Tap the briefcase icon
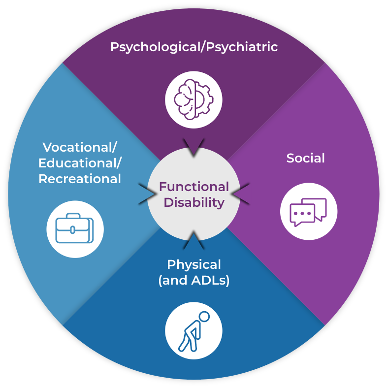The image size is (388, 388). [75, 228]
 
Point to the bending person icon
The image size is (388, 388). [194, 330]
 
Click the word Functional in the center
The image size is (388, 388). [194, 187]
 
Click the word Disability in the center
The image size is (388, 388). [194, 202]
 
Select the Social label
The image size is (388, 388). [306, 158]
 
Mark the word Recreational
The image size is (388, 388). [80, 179]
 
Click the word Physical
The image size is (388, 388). [194, 264]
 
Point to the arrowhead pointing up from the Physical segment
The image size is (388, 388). [194, 241]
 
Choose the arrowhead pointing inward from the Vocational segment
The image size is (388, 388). [147, 194]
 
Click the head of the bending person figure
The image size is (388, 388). [204, 316]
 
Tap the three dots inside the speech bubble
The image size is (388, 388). [302, 214]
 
